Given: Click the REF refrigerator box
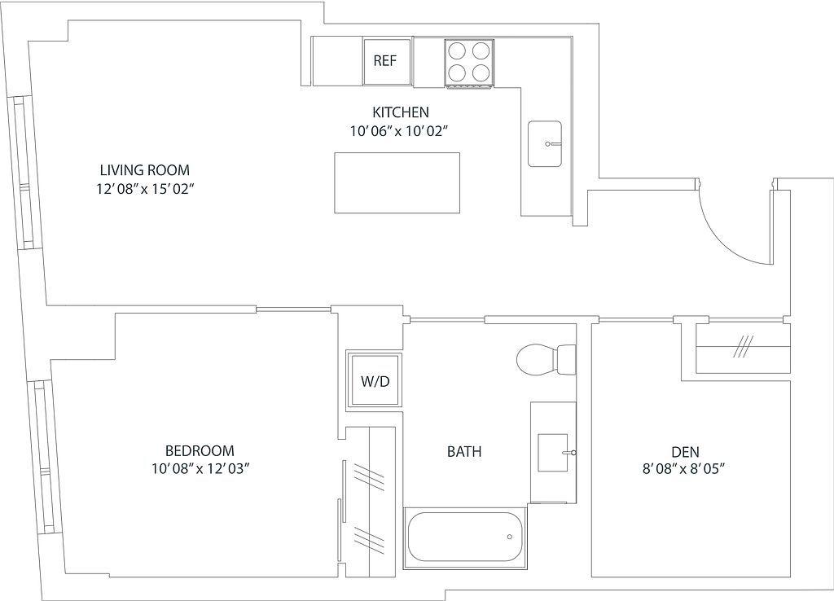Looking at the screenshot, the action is (387, 61).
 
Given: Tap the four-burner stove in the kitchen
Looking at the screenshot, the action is (469, 64).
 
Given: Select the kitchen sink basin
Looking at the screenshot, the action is (545, 143).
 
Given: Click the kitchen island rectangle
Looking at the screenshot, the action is (397, 183).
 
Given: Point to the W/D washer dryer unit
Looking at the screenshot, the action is (375, 381).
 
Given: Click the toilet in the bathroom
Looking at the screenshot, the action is (546, 359).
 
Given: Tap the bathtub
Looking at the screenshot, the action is (465, 537).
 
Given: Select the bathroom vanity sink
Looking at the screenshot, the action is (553, 453).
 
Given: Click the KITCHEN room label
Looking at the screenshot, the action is (401, 112).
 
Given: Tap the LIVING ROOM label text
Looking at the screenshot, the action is (145, 170).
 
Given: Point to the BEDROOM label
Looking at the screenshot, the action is (200, 451).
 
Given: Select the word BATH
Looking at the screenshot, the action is (464, 451).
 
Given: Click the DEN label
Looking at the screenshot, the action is (685, 452).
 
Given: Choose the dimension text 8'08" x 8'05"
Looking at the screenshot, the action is (684, 469).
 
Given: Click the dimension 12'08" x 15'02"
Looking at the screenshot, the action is (143, 190).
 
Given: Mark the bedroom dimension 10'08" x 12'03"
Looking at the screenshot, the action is (200, 469).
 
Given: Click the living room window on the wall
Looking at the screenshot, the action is (22, 173).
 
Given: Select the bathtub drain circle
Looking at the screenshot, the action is (510, 537).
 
